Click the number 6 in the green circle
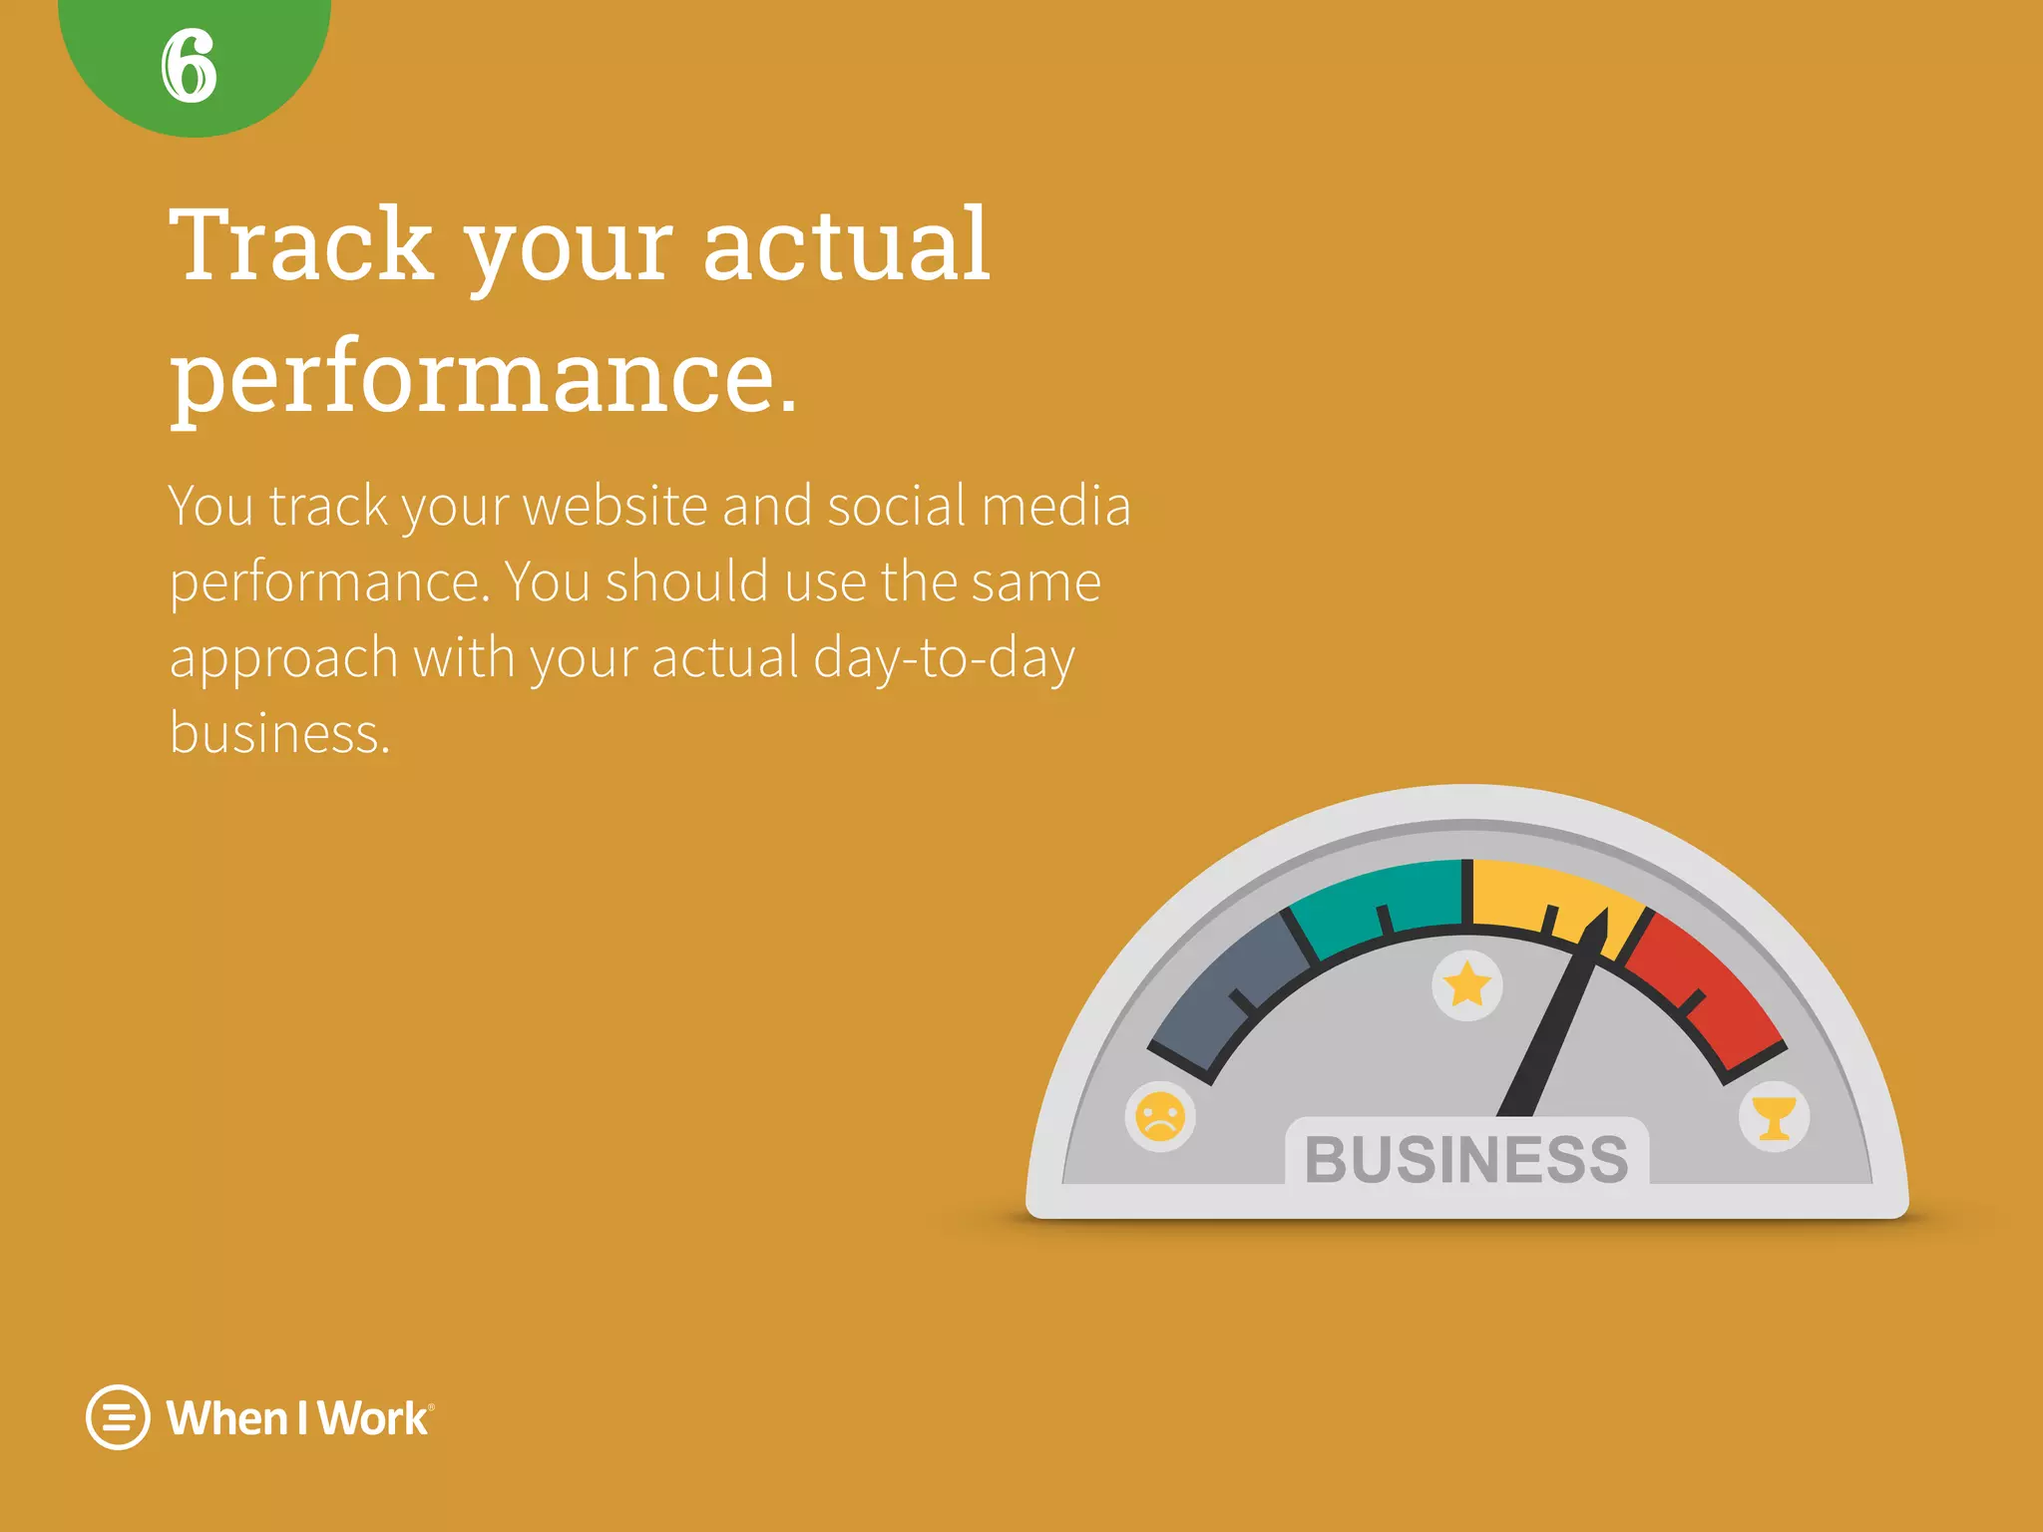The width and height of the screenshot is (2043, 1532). (189, 66)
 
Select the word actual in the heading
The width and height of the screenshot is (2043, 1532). (846, 244)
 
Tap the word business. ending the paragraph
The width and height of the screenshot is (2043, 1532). (279, 734)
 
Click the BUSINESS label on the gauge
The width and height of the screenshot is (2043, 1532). (1466, 1159)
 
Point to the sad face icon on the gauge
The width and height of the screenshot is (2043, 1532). (1160, 1116)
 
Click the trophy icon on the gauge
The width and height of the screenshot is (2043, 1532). (1774, 1117)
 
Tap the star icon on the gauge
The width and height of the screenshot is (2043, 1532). (1467, 985)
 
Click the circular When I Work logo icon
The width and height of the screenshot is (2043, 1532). (118, 1417)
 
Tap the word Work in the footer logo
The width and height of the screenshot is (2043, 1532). (373, 1418)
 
